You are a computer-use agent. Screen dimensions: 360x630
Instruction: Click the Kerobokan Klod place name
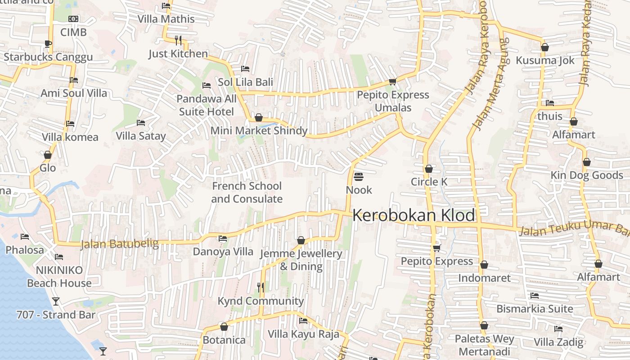pos(414,215)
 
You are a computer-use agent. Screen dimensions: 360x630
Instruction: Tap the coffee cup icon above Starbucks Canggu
pos(48,44)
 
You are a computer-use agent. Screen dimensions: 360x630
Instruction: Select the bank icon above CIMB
pos(73,19)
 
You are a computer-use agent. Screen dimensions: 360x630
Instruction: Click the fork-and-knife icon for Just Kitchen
pos(178,40)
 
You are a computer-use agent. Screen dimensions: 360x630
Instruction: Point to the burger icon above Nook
pos(359,177)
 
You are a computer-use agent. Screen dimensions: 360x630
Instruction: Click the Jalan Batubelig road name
pos(120,244)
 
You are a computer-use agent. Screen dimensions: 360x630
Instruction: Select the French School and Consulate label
pos(247,192)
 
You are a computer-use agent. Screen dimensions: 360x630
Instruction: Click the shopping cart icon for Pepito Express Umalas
pos(392,81)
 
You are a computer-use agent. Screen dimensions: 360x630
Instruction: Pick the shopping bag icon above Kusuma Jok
pos(545,47)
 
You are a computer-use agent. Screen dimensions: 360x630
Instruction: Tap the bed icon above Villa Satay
pos(141,123)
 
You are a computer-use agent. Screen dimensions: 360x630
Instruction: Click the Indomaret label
pos(484,278)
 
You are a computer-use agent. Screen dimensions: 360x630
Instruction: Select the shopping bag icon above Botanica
pos(224,327)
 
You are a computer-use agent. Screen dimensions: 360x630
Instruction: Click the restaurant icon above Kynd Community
pos(260,287)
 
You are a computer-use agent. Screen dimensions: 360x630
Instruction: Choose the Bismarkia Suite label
pos(535,309)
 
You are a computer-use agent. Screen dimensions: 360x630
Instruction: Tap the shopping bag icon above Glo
pos(48,155)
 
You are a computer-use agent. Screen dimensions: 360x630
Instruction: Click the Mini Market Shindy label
pos(259,131)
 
